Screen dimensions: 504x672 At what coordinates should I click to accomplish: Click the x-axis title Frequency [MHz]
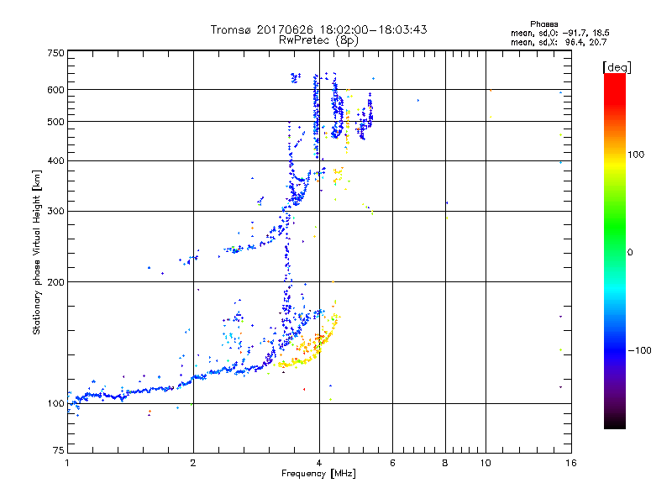(318, 475)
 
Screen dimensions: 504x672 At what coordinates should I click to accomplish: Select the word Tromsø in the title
(231, 29)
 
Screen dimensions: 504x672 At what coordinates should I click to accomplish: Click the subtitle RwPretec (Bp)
(318, 39)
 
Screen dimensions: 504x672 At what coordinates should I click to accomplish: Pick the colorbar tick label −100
(639, 350)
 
